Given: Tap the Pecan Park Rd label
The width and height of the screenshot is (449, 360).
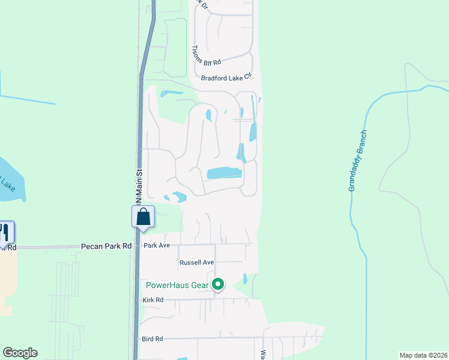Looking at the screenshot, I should point(106,246).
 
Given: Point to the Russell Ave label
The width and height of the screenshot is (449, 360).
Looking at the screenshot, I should point(197,263).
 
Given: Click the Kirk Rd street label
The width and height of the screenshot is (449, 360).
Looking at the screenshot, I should point(153,300).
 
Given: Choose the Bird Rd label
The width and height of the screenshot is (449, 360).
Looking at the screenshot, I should point(152,339).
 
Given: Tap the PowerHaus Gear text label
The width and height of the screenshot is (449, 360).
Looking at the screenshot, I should point(177,284).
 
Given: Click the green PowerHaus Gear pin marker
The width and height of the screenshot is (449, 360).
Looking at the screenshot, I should point(218,284).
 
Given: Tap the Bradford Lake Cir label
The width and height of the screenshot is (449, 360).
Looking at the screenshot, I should point(226,77).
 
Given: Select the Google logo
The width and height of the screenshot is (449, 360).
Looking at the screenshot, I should point(20,353).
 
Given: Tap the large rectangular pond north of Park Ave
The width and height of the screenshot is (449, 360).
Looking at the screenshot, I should point(224,173).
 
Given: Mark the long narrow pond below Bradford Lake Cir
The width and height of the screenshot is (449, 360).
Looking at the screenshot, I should point(253,131).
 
